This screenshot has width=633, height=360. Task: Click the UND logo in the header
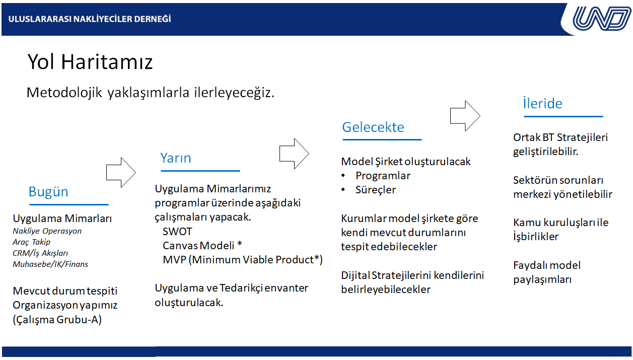tap(601, 18)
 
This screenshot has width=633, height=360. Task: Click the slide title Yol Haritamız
tap(90, 61)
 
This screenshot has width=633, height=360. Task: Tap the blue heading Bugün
tap(48, 192)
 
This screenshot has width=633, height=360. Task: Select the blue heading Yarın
tap(175, 158)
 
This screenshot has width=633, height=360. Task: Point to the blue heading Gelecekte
tap(373, 127)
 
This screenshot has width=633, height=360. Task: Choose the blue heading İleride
tap(542, 103)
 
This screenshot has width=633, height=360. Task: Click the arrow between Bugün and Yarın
tap(121, 172)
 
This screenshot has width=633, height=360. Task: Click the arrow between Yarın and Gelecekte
tap(294, 154)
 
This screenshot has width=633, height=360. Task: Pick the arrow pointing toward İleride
tap(465, 116)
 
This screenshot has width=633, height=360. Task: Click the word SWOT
tap(177, 232)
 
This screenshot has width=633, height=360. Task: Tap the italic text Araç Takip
tap(31, 242)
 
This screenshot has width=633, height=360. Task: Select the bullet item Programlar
tap(383, 176)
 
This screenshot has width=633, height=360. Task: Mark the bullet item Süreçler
tap(376, 190)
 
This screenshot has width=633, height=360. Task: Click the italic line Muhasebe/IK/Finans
tap(50, 264)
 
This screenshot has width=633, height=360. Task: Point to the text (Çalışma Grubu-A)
tap(57, 320)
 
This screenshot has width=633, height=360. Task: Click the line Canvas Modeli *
tap(202, 246)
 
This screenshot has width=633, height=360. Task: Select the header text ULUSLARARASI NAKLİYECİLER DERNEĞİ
tap(90, 19)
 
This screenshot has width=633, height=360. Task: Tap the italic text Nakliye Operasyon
tap(47, 231)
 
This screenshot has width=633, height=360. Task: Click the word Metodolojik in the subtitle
tap(64, 93)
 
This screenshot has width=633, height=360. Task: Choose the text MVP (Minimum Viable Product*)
tap(242, 260)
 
